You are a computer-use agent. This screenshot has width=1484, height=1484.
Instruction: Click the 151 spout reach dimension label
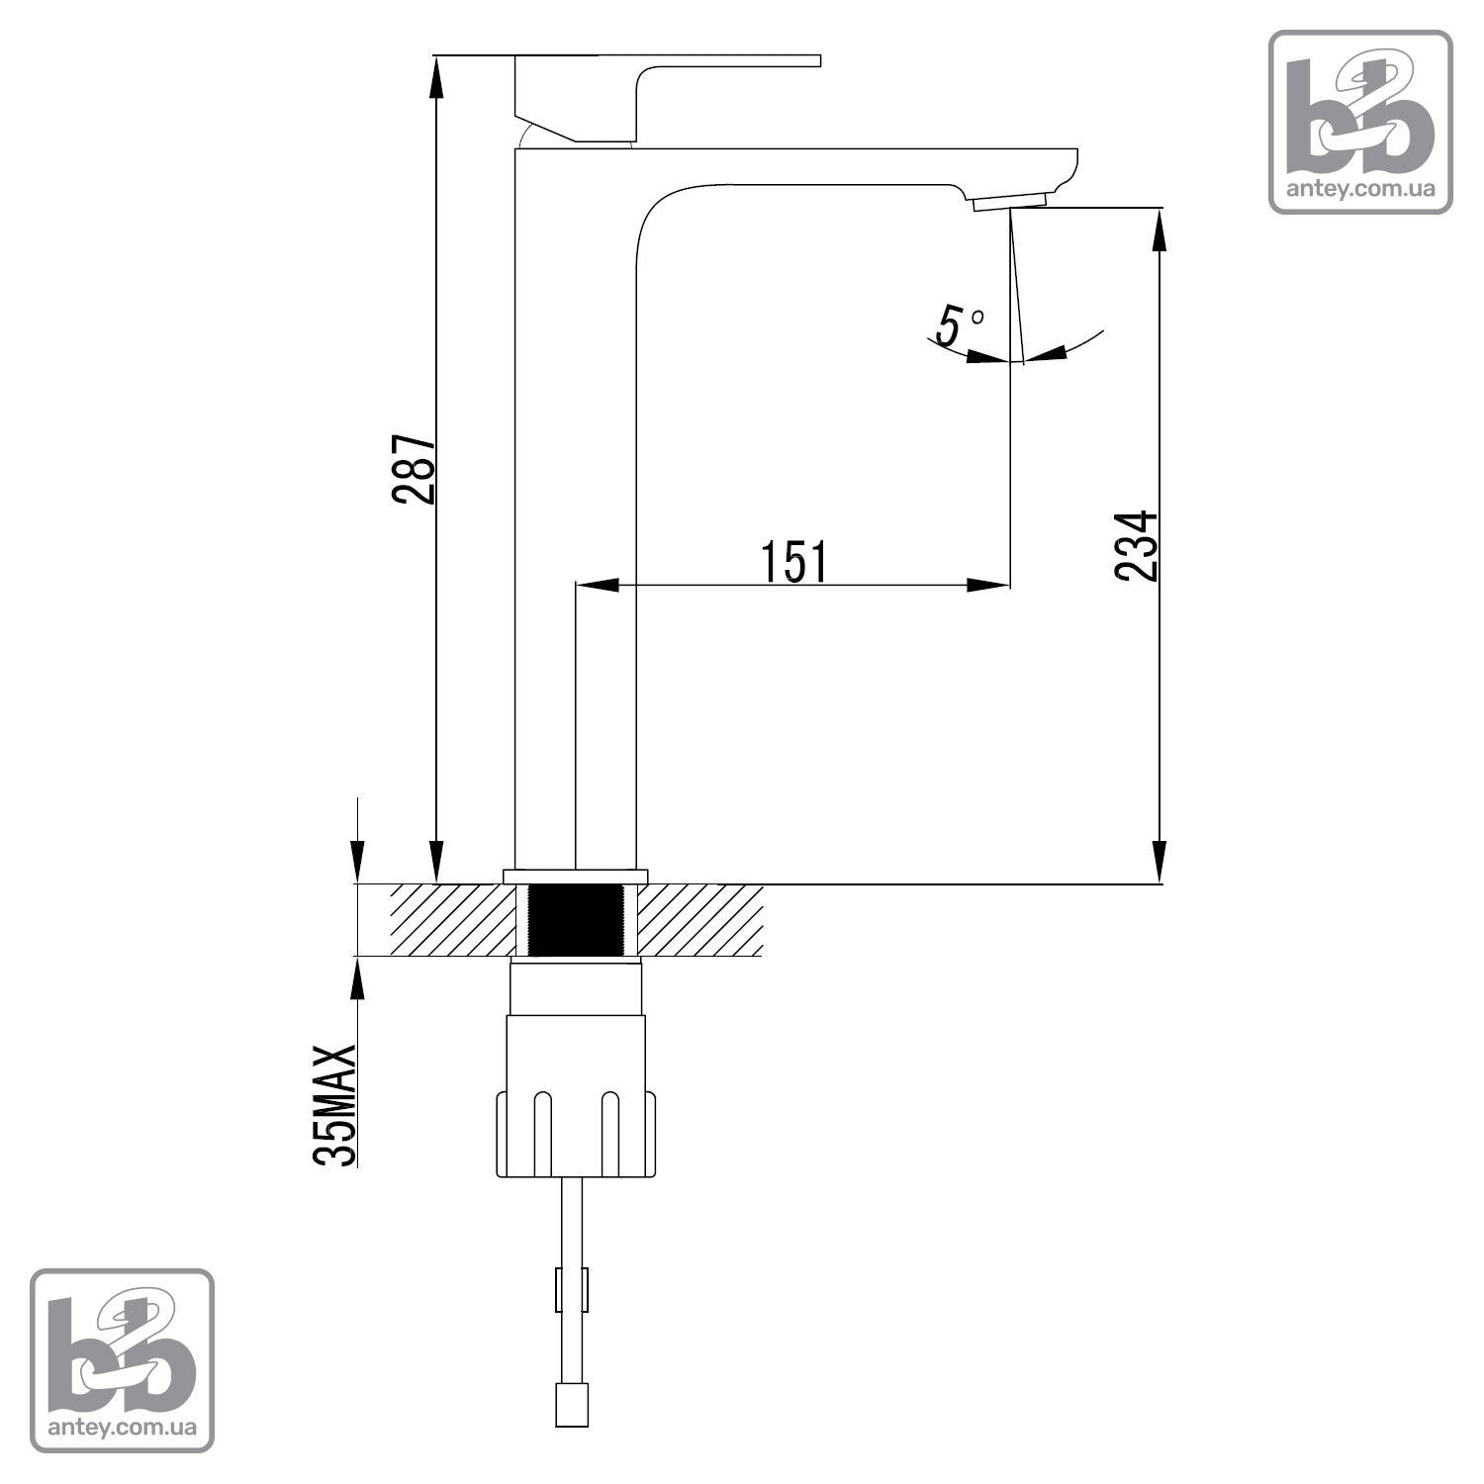coord(794,561)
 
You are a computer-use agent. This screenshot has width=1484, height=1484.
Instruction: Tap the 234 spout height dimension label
coord(1136,546)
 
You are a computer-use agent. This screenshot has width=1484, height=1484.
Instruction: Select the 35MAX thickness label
coord(334,1105)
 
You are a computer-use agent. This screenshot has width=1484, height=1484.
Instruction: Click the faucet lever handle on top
coord(668,98)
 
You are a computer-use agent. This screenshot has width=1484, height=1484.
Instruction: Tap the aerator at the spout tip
coord(1009,202)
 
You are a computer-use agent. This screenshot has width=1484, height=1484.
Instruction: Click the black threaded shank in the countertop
coord(578,920)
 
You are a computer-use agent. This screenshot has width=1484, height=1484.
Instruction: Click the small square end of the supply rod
coord(572,1405)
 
